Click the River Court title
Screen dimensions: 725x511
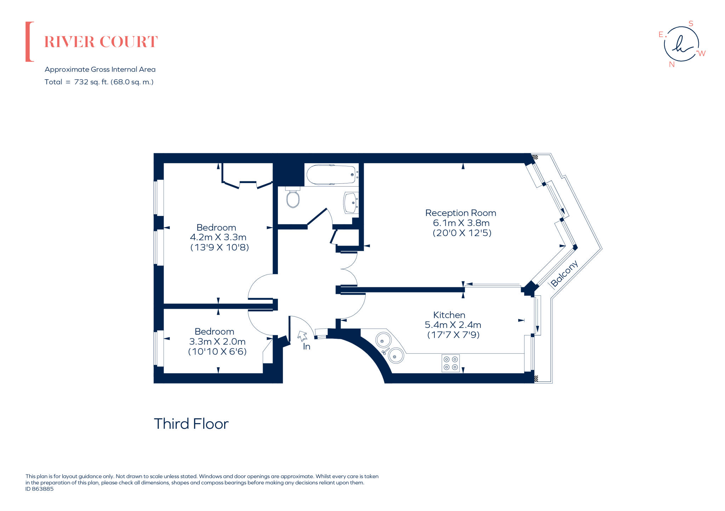(101, 42)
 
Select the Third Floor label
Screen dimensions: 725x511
(191, 424)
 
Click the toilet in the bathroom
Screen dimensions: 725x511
(293, 199)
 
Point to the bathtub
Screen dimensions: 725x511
(331, 174)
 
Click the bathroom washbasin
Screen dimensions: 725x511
(350, 203)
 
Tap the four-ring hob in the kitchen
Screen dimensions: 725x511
(451, 363)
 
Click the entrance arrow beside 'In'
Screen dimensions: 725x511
(302, 335)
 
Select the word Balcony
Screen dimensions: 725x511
(564, 273)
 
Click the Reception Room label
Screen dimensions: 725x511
(461, 213)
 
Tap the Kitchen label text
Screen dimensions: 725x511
(449, 315)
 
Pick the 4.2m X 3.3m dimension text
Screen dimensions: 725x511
(218, 237)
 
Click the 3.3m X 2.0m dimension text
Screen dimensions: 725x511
(217, 342)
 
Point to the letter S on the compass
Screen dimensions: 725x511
(691, 24)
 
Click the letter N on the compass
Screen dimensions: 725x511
(672, 64)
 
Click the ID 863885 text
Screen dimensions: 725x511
(40, 489)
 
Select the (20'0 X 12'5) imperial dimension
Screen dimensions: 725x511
(462, 233)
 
